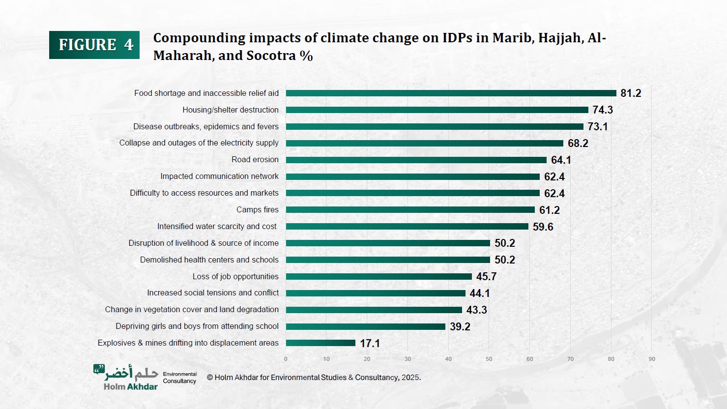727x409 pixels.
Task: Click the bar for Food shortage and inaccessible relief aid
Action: (451, 93)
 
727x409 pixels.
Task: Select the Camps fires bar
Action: (410, 210)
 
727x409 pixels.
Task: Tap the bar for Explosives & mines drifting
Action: (320, 343)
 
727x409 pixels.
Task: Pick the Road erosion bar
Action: (416, 160)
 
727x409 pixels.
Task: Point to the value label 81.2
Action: (631, 93)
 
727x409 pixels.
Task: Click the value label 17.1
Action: (370, 343)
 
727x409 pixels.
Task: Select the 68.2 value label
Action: (578, 144)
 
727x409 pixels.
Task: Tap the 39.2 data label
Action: (460, 326)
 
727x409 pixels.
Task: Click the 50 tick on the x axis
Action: (489, 359)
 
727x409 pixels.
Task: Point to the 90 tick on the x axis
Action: (652, 359)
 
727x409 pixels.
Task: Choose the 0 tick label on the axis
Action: (286, 359)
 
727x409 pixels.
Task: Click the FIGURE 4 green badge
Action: (94, 45)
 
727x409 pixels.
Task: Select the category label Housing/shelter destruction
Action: (230, 110)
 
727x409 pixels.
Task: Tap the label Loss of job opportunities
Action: (235, 276)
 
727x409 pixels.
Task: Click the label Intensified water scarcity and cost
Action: (217, 226)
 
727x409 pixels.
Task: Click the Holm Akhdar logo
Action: (126, 377)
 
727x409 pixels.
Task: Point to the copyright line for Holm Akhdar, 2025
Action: (314, 378)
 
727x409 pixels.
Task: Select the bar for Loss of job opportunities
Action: (378, 277)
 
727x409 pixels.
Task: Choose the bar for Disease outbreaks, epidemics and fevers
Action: (435, 127)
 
